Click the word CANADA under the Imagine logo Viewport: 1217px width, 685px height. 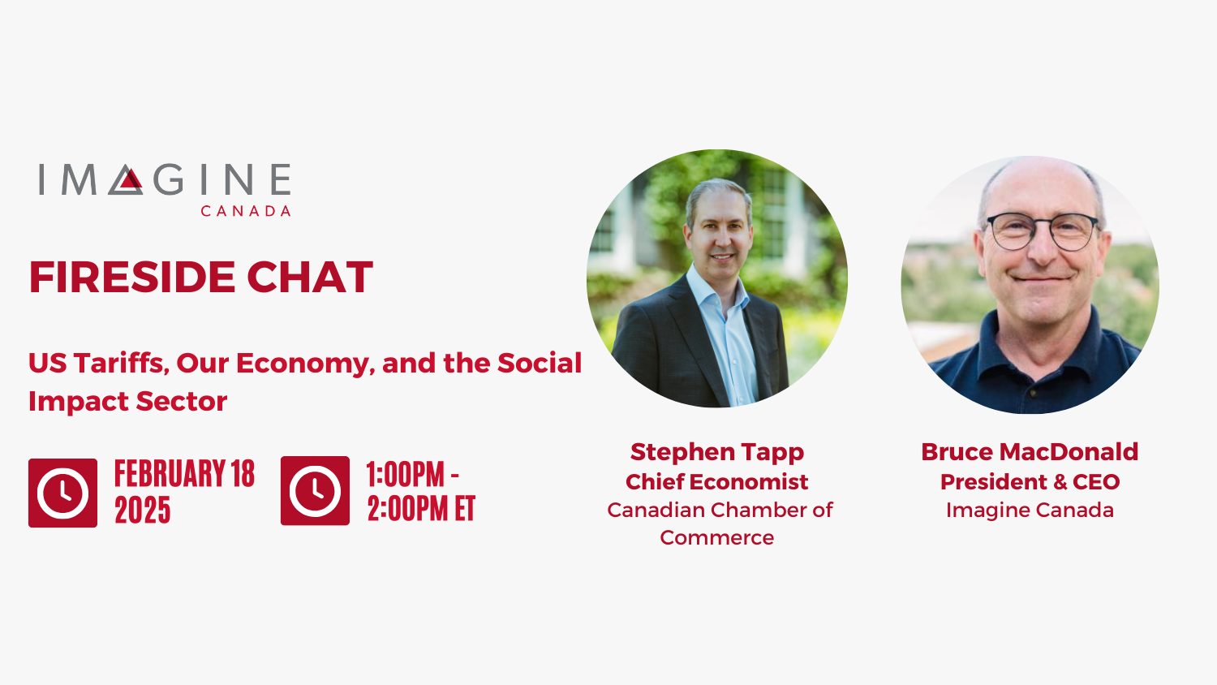(245, 211)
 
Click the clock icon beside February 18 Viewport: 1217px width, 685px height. (62, 493)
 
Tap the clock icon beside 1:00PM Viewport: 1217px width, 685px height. (315, 491)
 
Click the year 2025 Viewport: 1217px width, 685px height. (142, 511)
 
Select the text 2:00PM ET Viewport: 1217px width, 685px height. (421, 509)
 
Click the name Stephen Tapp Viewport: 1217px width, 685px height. (716, 451)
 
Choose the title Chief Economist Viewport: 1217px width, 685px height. (716, 481)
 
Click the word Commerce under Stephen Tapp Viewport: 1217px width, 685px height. (716, 537)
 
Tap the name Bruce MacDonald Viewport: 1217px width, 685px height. (1030, 451)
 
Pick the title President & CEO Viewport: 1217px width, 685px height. (1030, 481)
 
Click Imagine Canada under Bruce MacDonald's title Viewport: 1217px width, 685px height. (1030, 510)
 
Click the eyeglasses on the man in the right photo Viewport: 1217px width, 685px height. (1043, 230)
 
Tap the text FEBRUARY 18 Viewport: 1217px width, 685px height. (184, 474)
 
